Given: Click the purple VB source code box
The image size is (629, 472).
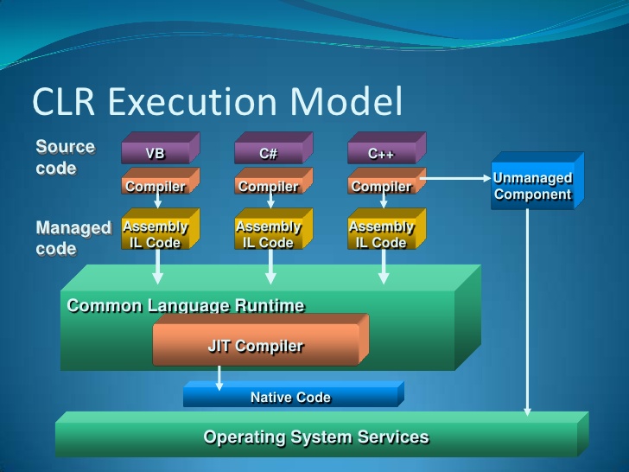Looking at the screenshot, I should (x=156, y=153).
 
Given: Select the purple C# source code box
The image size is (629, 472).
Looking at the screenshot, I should (x=269, y=153).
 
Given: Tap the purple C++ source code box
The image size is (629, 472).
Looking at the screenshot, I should (x=382, y=153).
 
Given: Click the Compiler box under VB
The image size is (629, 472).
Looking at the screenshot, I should (x=156, y=185).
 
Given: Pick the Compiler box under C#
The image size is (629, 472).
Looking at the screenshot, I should (x=269, y=185).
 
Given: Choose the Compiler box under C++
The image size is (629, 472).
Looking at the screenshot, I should (x=382, y=185).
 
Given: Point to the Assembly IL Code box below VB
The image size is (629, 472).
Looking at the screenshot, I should (x=156, y=233).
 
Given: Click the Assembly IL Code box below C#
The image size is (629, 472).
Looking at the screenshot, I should (x=269, y=233).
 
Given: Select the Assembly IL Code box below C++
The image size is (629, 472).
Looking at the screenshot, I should (x=382, y=233).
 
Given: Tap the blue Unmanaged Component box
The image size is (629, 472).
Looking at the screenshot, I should (x=533, y=186).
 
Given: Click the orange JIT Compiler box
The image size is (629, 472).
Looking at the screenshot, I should (x=257, y=346).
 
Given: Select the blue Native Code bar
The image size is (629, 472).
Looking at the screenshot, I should (x=290, y=397).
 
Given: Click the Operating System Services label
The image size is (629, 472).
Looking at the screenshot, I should (x=316, y=437).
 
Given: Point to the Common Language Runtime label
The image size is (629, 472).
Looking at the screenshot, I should (x=186, y=305).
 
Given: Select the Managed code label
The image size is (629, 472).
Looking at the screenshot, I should (x=73, y=238).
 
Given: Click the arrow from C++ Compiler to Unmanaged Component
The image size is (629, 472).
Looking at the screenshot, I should (x=454, y=178).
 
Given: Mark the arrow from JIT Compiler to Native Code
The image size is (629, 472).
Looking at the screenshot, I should (x=219, y=377).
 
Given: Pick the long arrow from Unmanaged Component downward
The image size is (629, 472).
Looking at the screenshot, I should (x=528, y=311).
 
